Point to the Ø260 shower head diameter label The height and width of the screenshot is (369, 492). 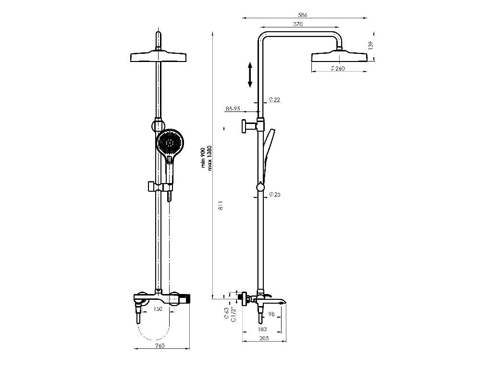[338, 69]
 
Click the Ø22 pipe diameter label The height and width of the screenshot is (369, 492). [274, 100]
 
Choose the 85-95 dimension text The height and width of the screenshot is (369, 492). [233, 109]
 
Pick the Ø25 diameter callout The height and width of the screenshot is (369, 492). [275, 195]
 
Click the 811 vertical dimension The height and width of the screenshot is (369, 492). [220, 206]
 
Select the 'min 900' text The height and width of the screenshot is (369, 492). [203, 157]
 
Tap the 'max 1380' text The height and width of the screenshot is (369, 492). [210, 154]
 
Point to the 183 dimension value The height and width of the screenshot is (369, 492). [262, 329]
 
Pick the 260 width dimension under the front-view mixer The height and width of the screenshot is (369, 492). [160, 345]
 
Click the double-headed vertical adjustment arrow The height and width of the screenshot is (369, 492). [250, 74]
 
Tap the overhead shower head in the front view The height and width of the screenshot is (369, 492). [158, 57]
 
